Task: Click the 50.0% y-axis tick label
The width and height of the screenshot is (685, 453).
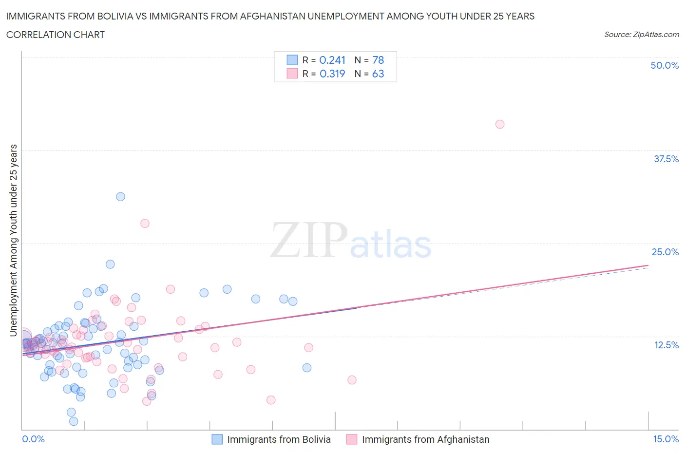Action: (665, 65)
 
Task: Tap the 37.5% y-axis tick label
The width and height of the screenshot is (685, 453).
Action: (666, 159)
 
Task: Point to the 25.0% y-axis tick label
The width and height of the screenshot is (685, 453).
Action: (665, 252)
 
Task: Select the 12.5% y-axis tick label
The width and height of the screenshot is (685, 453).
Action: (666, 345)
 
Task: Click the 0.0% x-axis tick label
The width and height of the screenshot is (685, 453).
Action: (33, 439)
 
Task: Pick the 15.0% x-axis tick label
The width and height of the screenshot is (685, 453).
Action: (666, 439)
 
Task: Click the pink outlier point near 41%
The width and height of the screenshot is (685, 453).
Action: (499, 124)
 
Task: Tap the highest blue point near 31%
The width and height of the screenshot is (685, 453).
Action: (120, 197)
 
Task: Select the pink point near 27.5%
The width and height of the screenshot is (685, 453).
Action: (145, 224)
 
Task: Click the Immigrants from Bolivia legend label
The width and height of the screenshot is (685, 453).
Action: (279, 439)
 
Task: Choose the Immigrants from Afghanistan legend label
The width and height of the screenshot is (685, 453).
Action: (425, 439)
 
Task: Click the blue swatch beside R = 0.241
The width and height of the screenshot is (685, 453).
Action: (292, 60)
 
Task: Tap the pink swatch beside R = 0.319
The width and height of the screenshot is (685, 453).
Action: (292, 74)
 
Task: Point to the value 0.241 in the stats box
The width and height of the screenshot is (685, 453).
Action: (332, 60)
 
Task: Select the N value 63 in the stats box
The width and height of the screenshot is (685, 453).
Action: (378, 74)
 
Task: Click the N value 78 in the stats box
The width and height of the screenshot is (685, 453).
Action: (378, 60)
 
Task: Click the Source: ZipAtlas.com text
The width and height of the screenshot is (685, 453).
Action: (641, 34)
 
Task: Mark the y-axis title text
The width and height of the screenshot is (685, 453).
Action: (13, 240)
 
